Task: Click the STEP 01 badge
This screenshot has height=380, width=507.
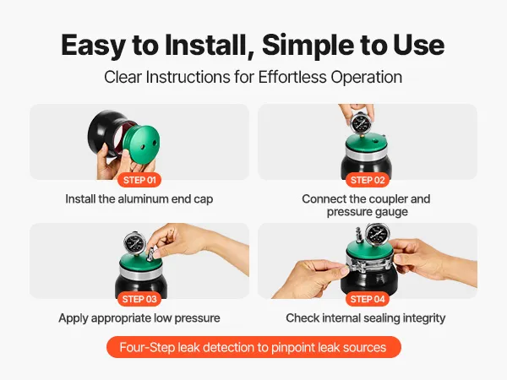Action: [x=139, y=180]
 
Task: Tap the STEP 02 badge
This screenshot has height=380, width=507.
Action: [x=368, y=180]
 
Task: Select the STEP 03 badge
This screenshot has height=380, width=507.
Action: [x=139, y=299]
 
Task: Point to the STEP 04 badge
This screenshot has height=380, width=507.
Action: [x=368, y=299]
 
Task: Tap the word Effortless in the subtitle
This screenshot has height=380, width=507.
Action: [x=292, y=77]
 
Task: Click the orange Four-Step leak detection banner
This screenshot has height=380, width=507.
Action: [x=253, y=347]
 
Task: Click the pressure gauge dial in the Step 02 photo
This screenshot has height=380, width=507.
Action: [x=360, y=123]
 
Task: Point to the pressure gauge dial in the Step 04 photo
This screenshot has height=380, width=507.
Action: [x=377, y=233]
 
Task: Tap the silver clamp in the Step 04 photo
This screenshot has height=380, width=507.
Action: [x=368, y=265]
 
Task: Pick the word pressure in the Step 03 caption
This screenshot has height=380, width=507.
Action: [x=197, y=318]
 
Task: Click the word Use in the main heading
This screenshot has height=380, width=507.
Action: [x=419, y=45]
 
